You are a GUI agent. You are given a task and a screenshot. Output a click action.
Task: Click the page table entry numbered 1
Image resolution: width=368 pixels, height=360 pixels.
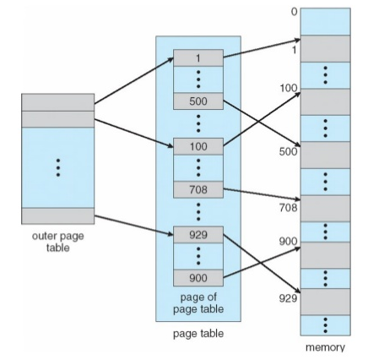coord(198,58)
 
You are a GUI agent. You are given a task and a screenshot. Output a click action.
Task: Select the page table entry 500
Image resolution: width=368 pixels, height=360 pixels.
coord(198,101)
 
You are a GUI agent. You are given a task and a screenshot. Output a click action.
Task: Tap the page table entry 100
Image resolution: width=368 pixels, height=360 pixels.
coord(198,146)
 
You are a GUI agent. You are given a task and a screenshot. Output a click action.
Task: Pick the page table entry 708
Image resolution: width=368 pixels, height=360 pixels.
coord(198,189)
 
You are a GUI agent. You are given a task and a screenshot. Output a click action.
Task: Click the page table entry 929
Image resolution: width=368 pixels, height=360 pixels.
coord(198,235)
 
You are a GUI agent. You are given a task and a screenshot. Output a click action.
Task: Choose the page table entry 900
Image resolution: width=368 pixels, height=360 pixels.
coord(198,278)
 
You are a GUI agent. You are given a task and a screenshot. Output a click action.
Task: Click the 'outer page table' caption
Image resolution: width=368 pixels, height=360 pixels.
coord(58,242)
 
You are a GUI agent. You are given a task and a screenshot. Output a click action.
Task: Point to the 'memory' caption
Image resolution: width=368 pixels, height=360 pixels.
coord(325,347)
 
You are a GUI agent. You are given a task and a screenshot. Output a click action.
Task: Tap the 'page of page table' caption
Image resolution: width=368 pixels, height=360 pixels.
coord(198,303)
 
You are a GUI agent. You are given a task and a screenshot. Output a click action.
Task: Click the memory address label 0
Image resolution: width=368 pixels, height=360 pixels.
coord(294,12)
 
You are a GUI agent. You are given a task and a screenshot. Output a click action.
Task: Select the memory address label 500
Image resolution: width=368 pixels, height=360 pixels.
coord(288,151)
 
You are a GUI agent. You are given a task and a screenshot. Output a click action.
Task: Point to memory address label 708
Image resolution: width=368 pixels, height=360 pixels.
coord(288,208)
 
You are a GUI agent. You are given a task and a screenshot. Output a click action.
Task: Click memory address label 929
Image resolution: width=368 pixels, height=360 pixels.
coord(288,298)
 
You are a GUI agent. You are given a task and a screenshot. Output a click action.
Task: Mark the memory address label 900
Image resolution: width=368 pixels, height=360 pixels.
coord(288,242)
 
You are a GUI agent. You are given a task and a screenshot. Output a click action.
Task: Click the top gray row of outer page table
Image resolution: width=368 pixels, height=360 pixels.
coord(58,102)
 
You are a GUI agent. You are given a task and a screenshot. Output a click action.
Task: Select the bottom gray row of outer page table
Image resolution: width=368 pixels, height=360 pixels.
coord(58,216)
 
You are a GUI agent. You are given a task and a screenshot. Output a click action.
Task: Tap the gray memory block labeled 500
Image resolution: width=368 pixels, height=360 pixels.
coord(325,155)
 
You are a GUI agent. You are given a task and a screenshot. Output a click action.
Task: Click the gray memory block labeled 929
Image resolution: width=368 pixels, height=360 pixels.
coord(325,302)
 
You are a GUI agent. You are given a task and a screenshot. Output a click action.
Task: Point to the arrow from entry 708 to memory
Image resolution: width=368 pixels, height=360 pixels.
coord(262,194)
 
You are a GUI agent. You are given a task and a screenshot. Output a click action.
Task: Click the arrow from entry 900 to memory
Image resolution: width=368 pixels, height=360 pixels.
coord(262,263)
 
